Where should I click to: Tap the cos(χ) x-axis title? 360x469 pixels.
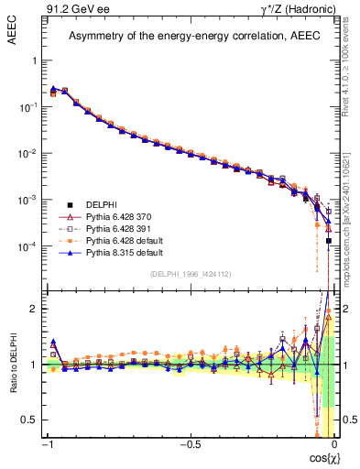click(x=317, y=458)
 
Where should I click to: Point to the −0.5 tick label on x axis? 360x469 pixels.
click(x=190, y=443)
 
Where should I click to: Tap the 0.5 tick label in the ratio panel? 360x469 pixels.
click(x=30, y=420)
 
